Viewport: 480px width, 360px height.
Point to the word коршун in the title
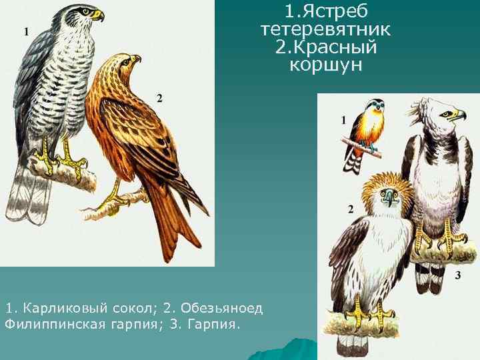click(326, 65)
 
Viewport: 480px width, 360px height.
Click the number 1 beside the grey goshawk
click(26, 31)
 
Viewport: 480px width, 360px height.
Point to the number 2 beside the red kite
click(159, 98)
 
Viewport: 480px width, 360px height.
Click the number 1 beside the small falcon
click(343, 120)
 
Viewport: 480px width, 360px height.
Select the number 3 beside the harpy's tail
click(458, 275)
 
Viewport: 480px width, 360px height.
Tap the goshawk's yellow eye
click(86, 11)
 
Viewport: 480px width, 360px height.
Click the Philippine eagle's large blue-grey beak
click(388, 197)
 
